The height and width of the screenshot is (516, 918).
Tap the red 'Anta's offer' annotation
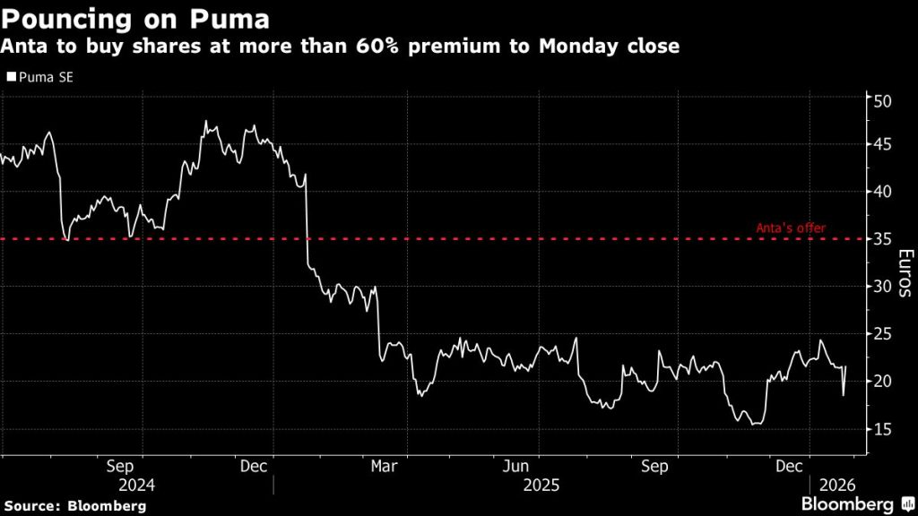click(x=792, y=228)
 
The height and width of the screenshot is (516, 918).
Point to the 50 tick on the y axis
click(x=882, y=100)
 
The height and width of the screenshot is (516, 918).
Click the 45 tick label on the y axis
click(x=882, y=144)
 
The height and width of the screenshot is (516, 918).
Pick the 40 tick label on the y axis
click(x=882, y=192)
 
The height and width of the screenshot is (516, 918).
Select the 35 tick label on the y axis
click(x=882, y=239)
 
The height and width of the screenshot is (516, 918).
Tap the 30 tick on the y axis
click(x=882, y=287)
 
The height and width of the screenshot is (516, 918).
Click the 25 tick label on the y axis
click(x=882, y=334)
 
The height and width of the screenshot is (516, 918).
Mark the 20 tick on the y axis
click(x=882, y=382)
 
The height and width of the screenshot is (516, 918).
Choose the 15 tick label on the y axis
click(x=882, y=429)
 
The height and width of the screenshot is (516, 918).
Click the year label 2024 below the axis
click(x=136, y=485)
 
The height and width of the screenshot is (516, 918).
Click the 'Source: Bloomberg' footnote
click(x=74, y=505)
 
